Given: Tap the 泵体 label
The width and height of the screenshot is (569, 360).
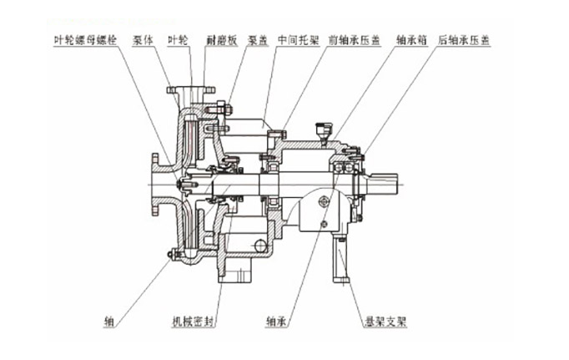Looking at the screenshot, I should [x=144, y=38].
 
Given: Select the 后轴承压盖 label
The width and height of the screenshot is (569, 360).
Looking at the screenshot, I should [x=469, y=38].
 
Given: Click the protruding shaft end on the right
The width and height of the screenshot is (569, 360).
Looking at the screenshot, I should [x=389, y=182].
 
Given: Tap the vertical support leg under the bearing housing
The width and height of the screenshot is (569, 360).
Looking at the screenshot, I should [x=342, y=259].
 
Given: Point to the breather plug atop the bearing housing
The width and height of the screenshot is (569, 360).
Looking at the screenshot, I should [x=318, y=129].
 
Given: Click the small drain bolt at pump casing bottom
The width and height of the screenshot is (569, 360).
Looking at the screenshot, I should [x=172, y=254].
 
